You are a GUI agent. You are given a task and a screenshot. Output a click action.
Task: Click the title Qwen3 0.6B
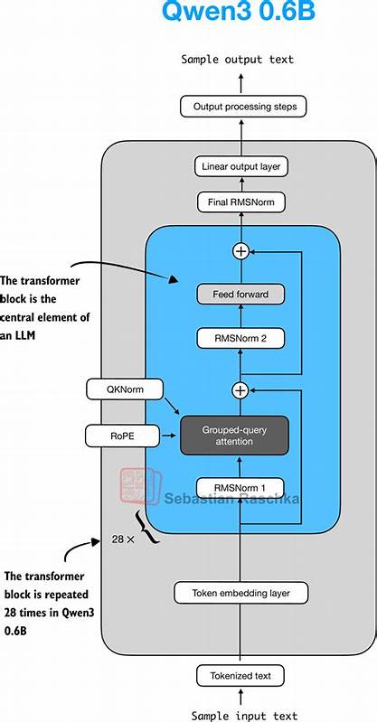pyautogui.click(x=238, y=12)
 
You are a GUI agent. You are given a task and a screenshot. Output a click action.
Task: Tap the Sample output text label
pyautogui.click(x=238, y=60)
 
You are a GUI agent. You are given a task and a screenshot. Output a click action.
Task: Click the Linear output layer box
pyautogui.click(x=240, y=166)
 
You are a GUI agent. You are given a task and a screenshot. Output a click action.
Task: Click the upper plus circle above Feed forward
pyautogui.click(x=240, y=251)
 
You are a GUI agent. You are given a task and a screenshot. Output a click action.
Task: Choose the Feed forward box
pyautogui.click(x=240, y=295)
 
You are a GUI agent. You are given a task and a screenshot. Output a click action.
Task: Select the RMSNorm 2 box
pyautogui.click(x=240, y=338)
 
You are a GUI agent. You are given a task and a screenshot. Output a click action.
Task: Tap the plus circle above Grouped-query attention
pyautogui.click(x=240, y=390)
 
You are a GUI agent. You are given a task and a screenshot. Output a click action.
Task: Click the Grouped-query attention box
pyautogui.click(x=234, y=436)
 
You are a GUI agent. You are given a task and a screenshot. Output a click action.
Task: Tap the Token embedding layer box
pyautogui.click(x=240, y=594)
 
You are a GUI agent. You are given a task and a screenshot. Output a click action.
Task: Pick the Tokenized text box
pyautogui.click(x=240, y=674)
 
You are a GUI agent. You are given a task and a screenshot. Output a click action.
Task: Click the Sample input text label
pyautogui.click(x=240, y=716)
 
